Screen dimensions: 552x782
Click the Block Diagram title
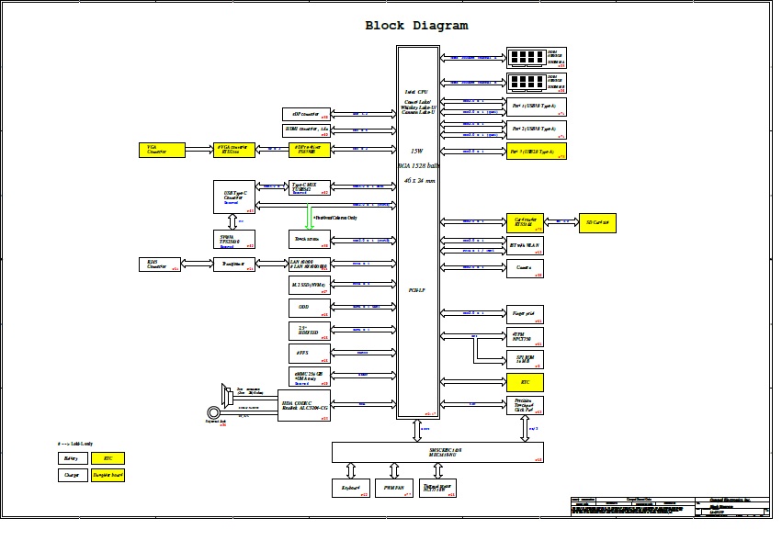click(416, 26)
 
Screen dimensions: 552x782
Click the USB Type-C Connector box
click(233, 197)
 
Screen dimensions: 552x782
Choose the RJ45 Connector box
click(160, 265)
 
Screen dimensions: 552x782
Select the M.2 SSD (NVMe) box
click(307, 285)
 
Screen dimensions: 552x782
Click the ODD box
click(307, 308)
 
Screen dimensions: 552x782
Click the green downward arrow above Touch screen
click(310, 219)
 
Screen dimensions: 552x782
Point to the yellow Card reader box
click(525, 222)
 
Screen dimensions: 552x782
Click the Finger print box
click(525, 314)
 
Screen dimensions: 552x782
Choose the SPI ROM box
click(525, 360)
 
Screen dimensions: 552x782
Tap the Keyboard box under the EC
click(350, 488)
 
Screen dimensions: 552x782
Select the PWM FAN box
click(395, 488)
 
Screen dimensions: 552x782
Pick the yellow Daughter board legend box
click(108, 475)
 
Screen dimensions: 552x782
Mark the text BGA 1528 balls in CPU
click(420, 165)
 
